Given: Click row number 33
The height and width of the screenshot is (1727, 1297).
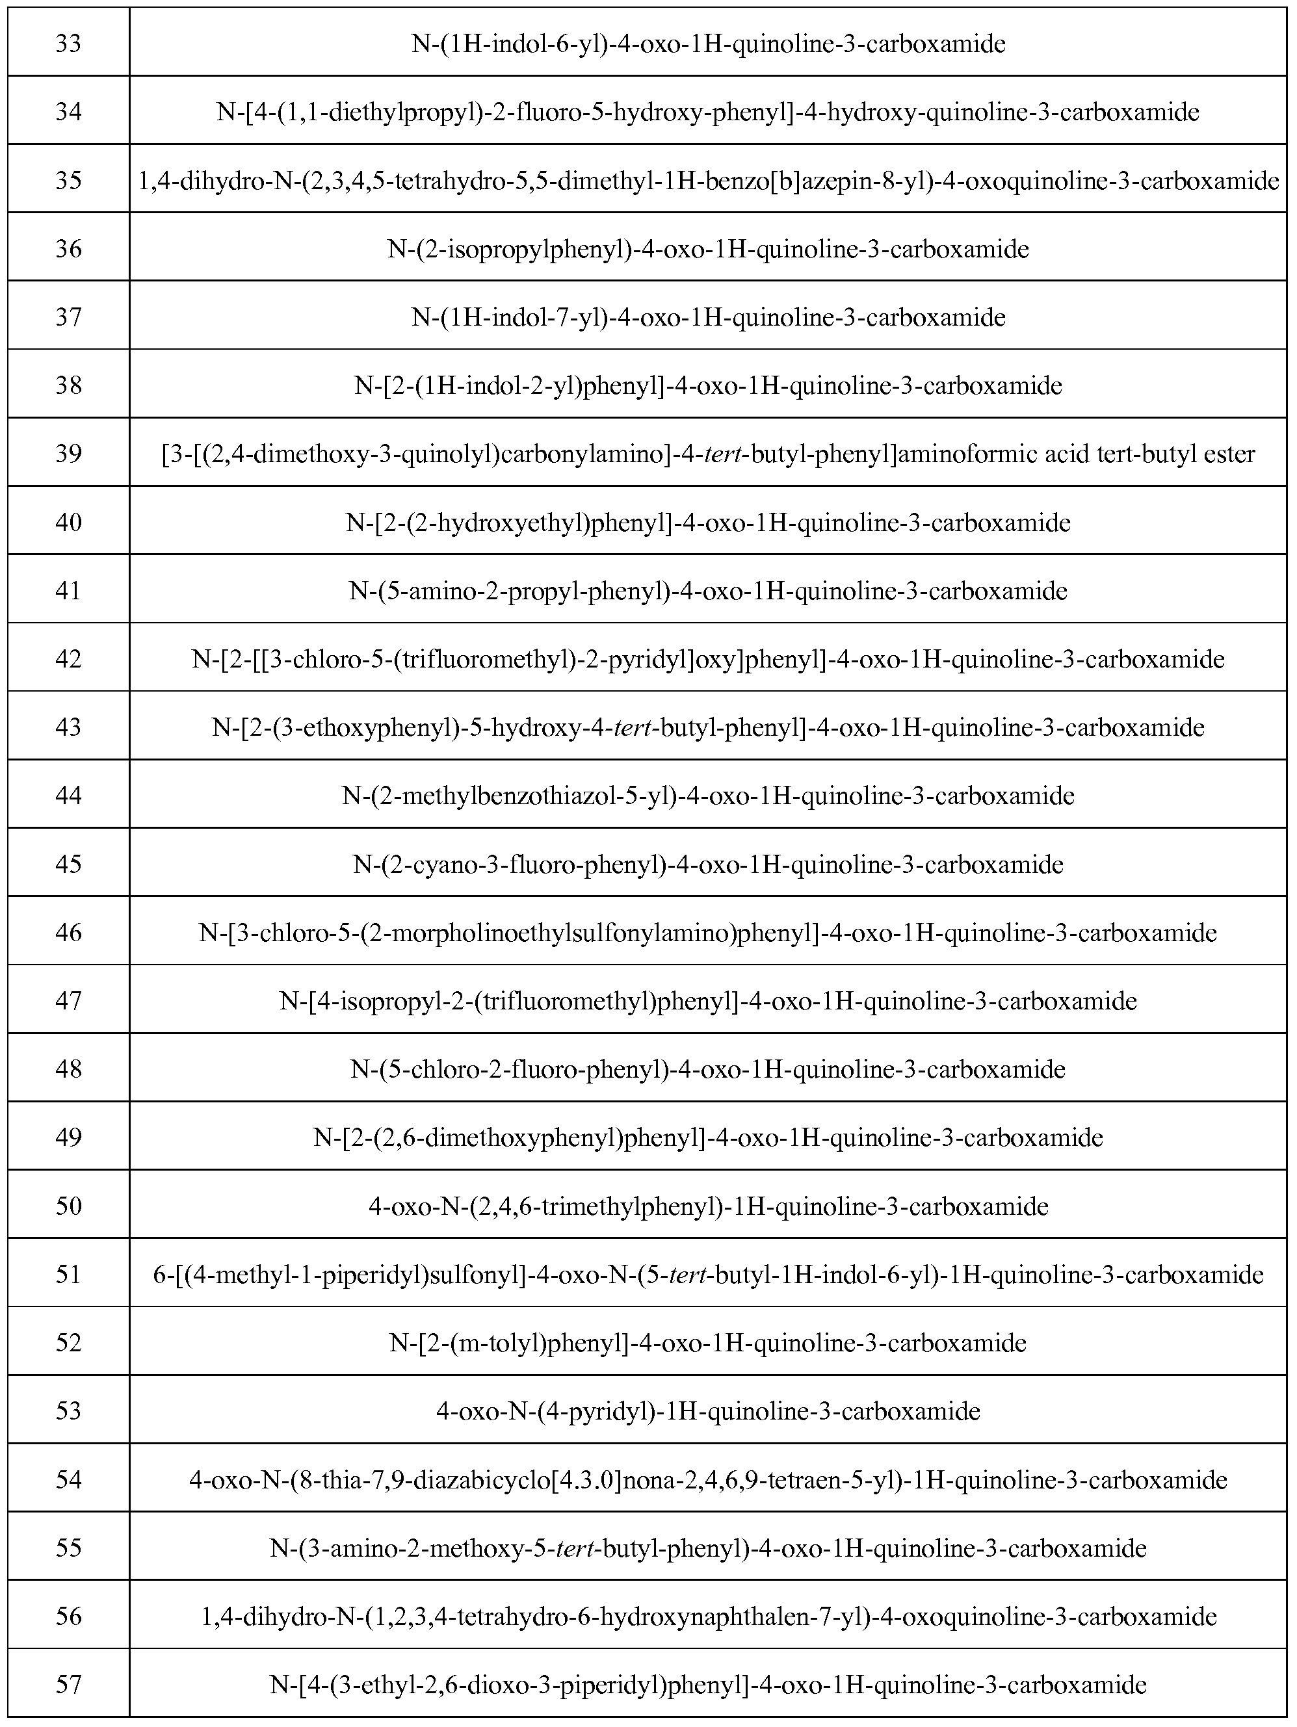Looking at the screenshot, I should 69,43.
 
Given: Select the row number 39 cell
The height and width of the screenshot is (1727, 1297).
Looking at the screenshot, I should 69,454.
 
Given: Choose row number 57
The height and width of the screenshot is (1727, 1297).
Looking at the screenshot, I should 69,1685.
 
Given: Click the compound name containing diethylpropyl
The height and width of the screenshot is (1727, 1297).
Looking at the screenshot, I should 707,112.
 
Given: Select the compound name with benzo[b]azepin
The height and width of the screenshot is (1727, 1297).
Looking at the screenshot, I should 707,180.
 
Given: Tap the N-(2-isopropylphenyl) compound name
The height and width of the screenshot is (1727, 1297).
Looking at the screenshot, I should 707,249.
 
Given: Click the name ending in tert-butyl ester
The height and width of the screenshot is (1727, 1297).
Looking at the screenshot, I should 707,454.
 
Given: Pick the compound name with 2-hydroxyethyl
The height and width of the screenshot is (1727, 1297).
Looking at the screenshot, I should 707,523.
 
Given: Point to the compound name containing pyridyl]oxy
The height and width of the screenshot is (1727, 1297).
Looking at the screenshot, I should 707,659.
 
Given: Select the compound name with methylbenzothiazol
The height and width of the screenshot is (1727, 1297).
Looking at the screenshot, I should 707,796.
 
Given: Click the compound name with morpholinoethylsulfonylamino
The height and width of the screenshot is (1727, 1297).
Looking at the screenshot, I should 707,932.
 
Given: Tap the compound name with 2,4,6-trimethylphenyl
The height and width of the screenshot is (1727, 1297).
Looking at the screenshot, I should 707,1206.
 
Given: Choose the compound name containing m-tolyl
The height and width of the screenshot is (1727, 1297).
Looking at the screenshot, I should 707,1343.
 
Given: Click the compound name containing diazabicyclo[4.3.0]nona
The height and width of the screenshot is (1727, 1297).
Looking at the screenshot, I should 707,1480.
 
